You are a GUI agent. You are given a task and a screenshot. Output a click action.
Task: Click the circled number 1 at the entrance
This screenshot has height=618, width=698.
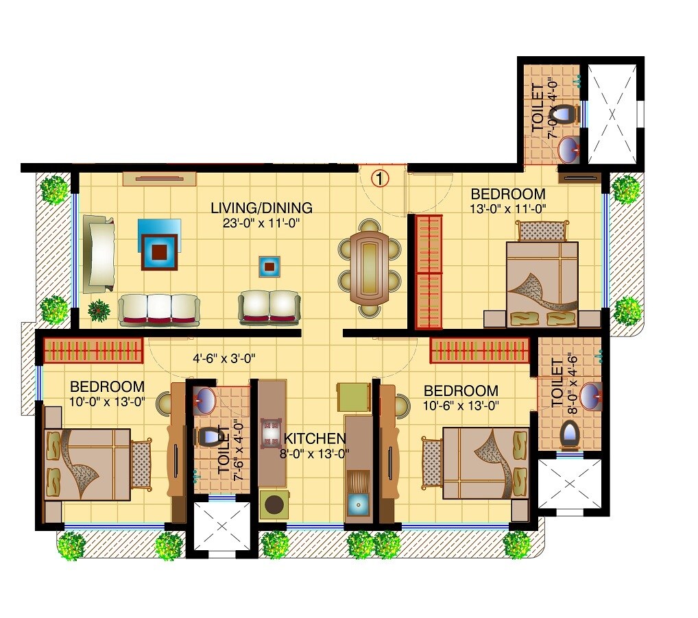click(x=380, y=178)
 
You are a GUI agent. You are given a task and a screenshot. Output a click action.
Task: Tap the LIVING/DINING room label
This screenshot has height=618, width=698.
click(x=261, y=208)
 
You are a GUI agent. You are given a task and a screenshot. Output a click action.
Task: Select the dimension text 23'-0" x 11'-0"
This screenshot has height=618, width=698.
click(x=261, y=223)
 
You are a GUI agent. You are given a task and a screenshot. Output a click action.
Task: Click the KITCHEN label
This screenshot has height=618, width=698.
click(x=315, y=438)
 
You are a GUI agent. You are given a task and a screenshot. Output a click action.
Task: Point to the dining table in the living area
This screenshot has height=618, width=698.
click(x=370, y=267)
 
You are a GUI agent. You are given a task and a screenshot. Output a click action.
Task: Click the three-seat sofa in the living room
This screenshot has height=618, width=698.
click(x=158, y=309)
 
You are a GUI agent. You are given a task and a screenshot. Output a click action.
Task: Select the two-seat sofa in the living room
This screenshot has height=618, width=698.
click(x=269, y=307)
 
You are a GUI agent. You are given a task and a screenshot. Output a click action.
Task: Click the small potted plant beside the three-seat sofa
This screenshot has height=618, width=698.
click(x=99, y=310)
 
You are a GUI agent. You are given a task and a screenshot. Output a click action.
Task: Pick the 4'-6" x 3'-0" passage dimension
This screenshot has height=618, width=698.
click(x=226, y=357)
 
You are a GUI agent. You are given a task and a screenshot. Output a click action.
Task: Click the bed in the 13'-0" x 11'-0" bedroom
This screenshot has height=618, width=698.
click(x=542, y=284)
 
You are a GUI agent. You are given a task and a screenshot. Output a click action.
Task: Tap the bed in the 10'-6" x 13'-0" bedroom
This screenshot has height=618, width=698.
click(x=485, y=463)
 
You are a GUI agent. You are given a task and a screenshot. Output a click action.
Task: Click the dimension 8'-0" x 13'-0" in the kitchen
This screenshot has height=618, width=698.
click(x=315, y=453)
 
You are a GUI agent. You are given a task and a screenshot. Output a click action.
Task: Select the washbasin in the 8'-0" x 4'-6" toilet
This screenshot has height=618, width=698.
click(x=590, y=397)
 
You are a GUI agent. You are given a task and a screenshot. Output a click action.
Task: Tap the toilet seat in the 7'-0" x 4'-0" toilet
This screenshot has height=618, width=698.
click(x=564, y=113)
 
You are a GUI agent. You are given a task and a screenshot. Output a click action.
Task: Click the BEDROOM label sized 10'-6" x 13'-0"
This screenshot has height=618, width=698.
click(x=461, y=391)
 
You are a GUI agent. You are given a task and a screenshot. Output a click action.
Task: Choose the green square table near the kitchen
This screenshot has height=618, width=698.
click(x=354, y=397)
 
